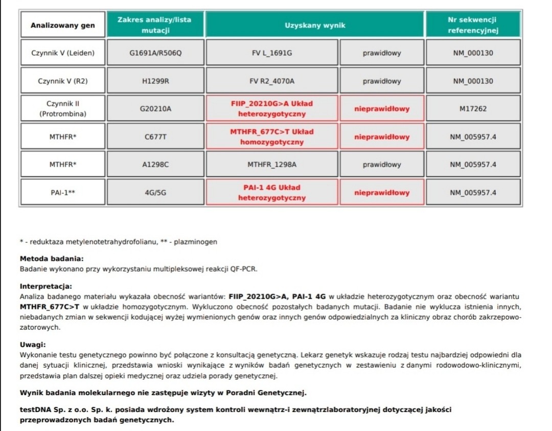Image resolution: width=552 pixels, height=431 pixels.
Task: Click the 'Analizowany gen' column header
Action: (62, 25)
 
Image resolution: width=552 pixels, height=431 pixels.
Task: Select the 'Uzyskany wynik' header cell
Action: (315, 25)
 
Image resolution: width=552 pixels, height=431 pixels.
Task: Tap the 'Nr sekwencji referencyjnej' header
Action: (472, 25)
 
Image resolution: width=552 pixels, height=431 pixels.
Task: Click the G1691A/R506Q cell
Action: (155, 53)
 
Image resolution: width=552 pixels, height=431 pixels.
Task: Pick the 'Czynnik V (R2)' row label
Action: (62, 81)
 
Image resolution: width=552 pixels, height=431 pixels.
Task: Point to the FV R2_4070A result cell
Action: (271, 81)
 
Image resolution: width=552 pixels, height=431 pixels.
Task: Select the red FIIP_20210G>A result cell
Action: (271, 108)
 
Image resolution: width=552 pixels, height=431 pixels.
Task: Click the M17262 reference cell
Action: (472, 108)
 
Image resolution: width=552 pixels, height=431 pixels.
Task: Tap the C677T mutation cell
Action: (155, 137)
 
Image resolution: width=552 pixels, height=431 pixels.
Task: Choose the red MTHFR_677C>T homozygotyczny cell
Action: (271, 137)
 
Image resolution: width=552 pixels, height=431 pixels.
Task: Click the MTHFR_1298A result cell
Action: (271, 165)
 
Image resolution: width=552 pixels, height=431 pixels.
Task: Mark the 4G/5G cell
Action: (155, 192)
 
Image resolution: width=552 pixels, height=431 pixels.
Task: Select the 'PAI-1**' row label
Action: (62, 192)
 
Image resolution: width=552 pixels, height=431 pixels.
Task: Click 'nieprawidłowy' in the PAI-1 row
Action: (382, 193)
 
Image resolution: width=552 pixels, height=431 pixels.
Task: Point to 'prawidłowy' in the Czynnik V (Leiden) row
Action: (382, 53)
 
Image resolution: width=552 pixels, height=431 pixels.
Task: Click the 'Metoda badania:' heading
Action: (51, 259)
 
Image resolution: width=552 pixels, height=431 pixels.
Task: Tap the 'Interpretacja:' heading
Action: (45, 286)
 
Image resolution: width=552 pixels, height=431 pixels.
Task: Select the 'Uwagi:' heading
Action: (33, 345)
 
